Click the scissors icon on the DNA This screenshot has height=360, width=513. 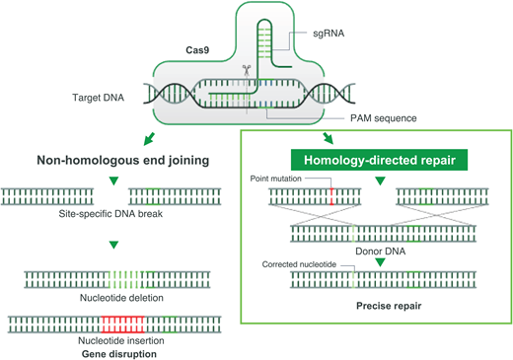point(245,71)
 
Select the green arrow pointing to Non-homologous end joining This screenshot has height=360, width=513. point(151,138)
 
